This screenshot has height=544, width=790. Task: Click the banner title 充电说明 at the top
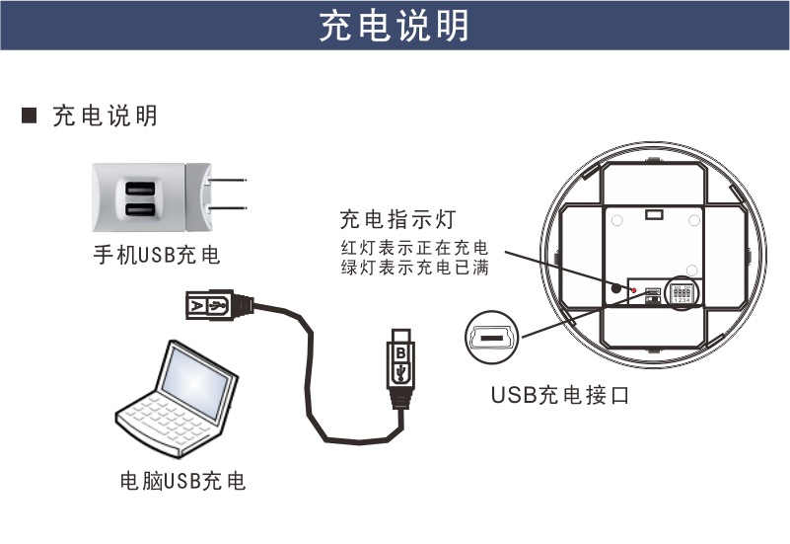tap(395, 27)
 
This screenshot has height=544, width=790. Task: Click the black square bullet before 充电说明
tap(30, 117)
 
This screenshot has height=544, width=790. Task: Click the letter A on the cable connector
tap(197, 304)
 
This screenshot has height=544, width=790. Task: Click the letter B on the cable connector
tap(400, 350)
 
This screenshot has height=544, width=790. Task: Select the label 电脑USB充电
tap(181, 482)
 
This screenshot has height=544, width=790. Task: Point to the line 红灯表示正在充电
tap(413, 246)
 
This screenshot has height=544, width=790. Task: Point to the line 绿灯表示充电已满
tap(413, 267)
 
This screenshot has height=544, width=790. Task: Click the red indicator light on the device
tap(635, 291)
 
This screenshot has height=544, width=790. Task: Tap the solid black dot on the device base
tap(615, 289)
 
